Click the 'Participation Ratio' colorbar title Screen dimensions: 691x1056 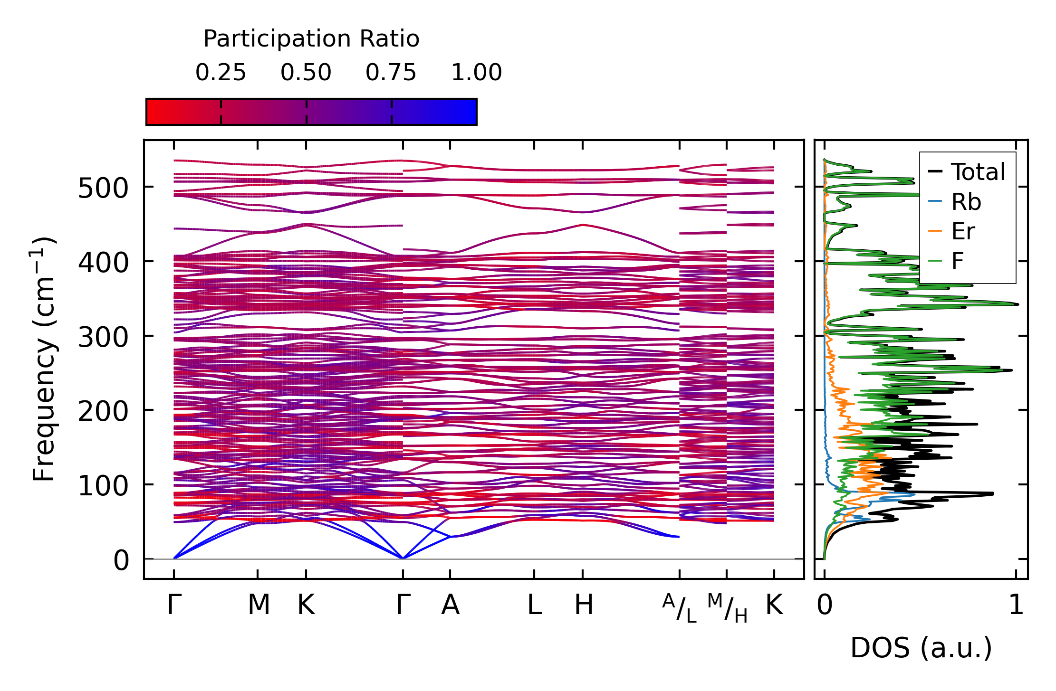tap(311, 39)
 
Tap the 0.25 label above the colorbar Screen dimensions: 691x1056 tap(221, 73)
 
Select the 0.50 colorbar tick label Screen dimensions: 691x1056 tap(306, 73)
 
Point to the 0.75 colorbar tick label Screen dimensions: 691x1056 tap(391, 73)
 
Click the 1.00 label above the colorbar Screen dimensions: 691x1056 tap(476, 73)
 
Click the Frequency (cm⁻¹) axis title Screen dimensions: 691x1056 tap(44, 359)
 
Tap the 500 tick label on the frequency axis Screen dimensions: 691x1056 tap(103, 189)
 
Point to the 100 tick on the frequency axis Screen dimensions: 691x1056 tap(103, 486)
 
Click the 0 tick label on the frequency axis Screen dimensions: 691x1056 tap(121, 560)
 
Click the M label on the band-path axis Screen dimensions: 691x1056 tap(259, 605)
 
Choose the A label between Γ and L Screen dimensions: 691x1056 tap(450, 605)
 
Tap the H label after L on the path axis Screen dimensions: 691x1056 tap(584, 605)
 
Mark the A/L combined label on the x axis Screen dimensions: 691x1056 tap(680, 608)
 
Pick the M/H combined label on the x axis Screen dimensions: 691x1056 tap(727, 608)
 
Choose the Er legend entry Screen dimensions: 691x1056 tap(963, 232)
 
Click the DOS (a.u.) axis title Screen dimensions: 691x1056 tap(921, 648)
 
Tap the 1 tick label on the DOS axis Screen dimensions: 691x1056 tap(1016, 605)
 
